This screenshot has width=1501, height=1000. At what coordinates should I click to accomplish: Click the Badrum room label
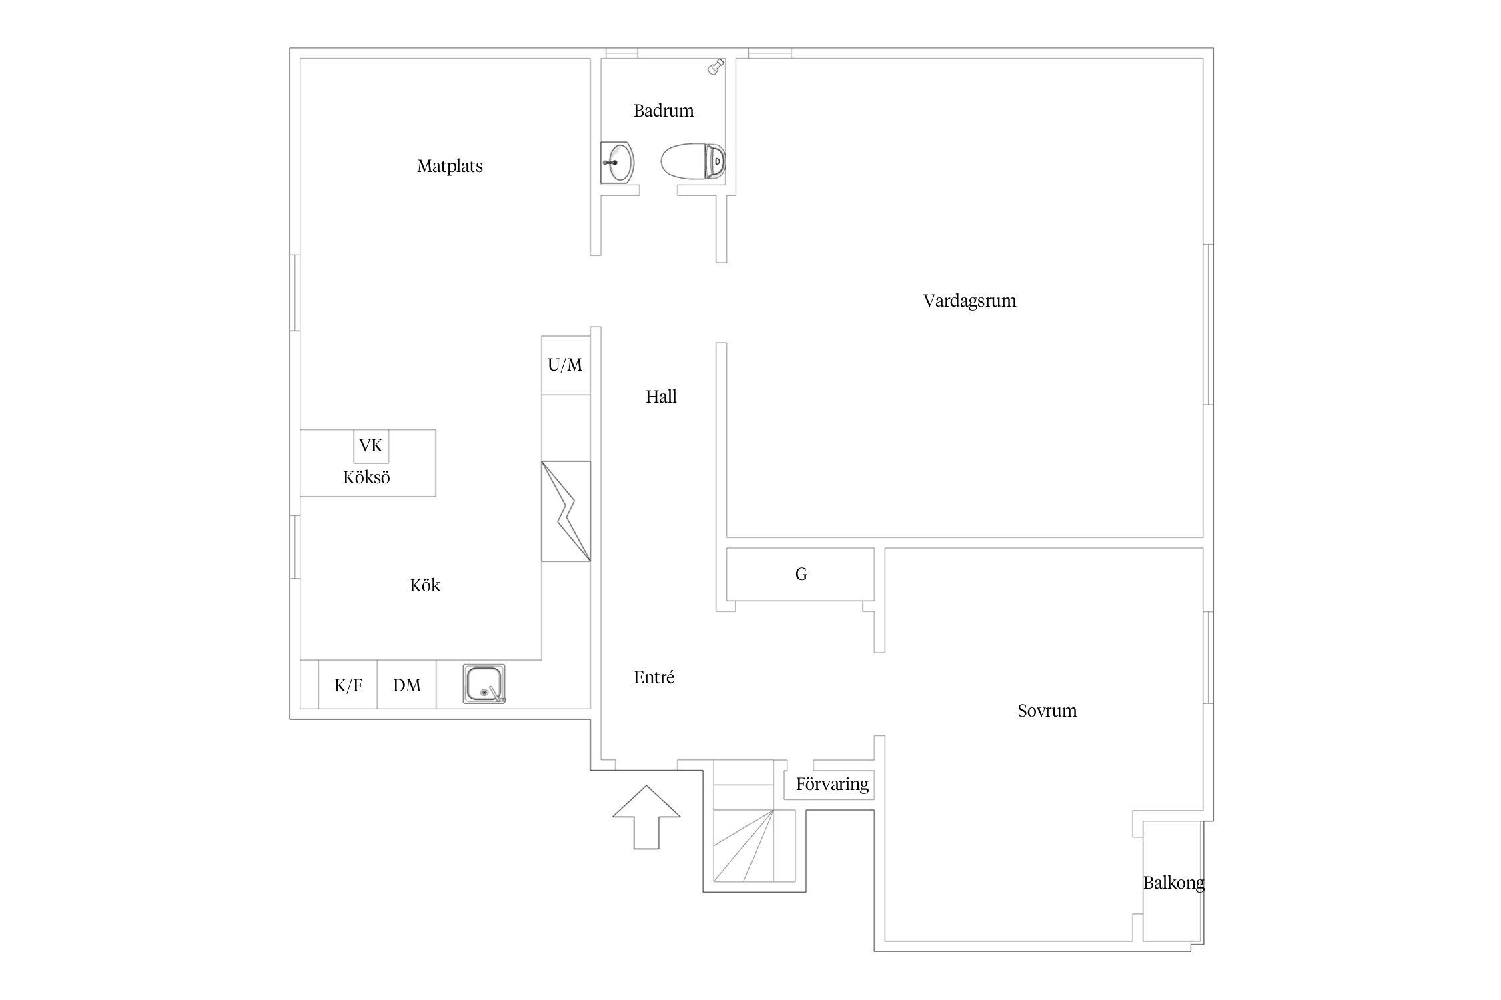(x=664, y=111)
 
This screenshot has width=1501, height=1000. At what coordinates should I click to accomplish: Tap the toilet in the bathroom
(x=693, y=161)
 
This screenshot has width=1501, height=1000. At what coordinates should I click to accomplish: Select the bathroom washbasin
(x=617, y=162)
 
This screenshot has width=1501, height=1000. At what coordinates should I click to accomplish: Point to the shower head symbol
(x=716, y=67)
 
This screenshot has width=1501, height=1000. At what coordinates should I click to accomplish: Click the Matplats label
(x=450, y=166)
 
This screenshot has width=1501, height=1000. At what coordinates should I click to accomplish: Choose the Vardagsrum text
(x=969, y=301)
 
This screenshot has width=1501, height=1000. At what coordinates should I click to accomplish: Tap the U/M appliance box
(x=566, y=365)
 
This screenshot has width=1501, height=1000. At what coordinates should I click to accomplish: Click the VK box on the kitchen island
(x=371, y=446)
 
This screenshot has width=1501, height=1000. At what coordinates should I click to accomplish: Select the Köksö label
(x=366, y=477)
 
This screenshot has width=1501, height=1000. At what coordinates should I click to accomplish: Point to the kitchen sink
(x=484, y=684)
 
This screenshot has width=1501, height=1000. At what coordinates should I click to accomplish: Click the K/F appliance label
(x=348, y=685)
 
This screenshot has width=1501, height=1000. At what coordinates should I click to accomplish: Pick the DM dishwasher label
(x=407, y=685)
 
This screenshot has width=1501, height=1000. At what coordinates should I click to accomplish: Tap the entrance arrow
(x=646, y=817)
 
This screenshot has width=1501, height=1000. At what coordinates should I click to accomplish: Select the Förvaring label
(x=832, y=784)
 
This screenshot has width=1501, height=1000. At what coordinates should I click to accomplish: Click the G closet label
(x=801, y=574)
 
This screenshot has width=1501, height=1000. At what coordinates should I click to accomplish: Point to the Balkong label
(x=1174, y=883)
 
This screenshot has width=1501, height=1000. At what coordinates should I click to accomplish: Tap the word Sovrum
(x=1047, y=711)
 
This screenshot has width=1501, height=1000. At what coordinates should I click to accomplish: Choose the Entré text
(x=654, y=677)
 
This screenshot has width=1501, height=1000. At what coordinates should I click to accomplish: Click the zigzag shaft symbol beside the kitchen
(x=566, y=511)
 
